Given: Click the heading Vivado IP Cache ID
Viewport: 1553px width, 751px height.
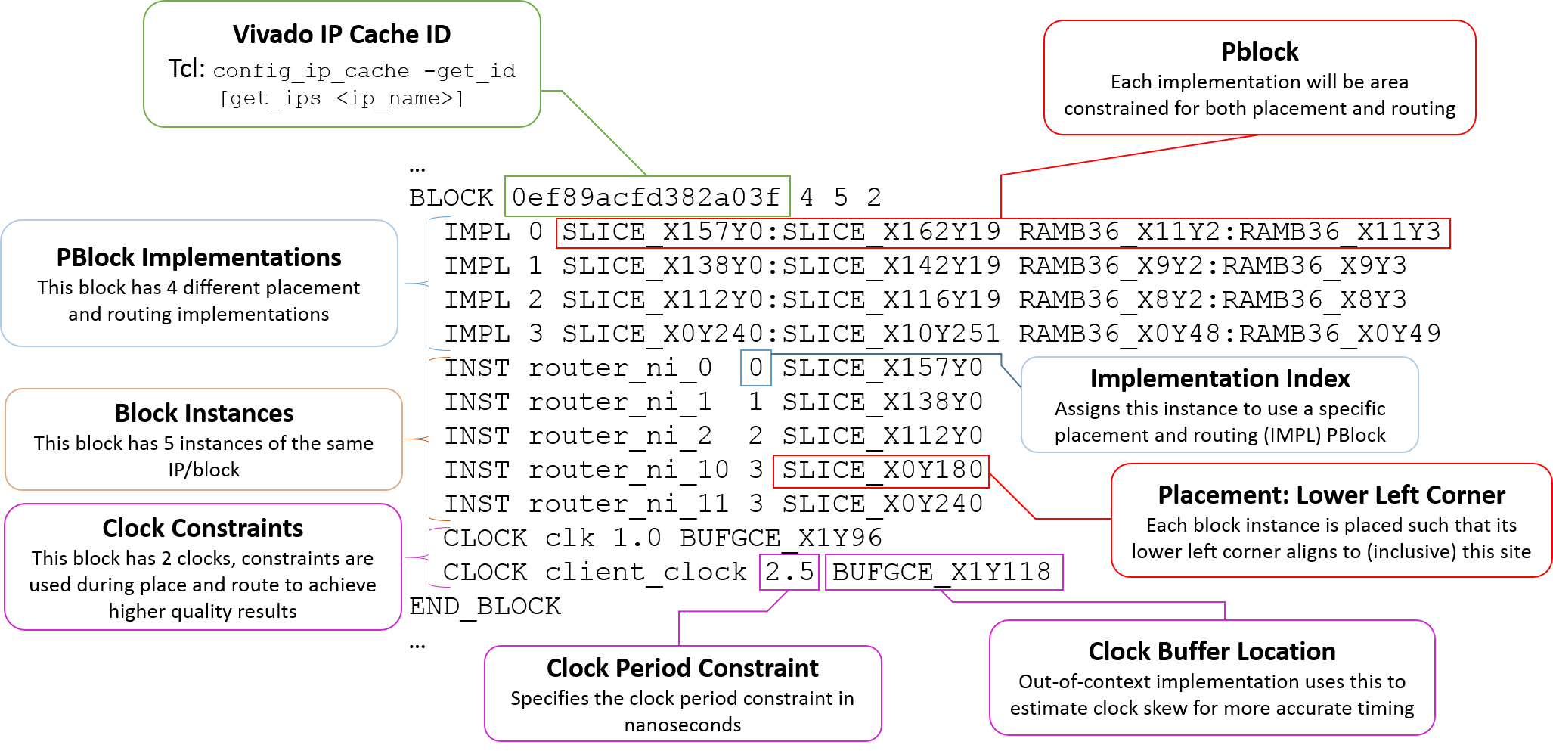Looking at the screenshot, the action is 342,35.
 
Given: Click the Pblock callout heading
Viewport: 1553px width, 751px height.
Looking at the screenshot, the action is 1260,52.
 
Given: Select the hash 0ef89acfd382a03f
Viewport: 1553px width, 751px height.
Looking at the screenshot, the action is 646,197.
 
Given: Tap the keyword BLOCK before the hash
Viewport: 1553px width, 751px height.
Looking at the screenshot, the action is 451,197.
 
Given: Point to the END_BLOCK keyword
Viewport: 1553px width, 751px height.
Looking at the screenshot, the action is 485,607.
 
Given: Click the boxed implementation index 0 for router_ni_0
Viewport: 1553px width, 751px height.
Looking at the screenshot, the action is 756,368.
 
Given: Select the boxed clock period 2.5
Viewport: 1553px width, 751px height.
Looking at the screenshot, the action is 789,572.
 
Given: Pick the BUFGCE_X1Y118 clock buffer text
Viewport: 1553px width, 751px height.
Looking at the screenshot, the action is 942,572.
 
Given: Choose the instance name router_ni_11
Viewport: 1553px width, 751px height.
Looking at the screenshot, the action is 628,504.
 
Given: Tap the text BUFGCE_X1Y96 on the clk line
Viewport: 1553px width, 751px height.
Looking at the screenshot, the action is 781,538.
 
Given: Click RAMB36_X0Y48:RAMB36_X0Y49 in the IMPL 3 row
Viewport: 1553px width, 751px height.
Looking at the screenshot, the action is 1230,334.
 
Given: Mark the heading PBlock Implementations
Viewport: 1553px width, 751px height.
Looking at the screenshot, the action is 199,258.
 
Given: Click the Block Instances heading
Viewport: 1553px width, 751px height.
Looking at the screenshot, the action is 204,414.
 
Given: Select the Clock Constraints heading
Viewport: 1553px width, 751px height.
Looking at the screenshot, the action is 203,528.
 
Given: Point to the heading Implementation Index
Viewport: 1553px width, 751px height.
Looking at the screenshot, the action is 1220,378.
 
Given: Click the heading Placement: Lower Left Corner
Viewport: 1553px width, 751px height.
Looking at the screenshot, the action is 1331,495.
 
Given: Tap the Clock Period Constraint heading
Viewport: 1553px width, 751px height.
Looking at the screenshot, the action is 683,669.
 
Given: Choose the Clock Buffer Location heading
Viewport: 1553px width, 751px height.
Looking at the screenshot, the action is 1212,652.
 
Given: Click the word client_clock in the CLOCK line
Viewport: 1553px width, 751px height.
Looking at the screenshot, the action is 646,572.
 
